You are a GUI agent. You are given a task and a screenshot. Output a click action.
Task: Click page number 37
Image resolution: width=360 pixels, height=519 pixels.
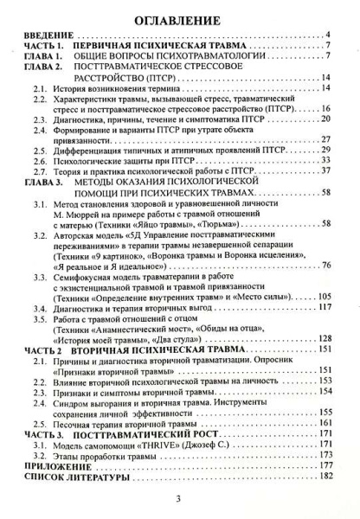[329, 174]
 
